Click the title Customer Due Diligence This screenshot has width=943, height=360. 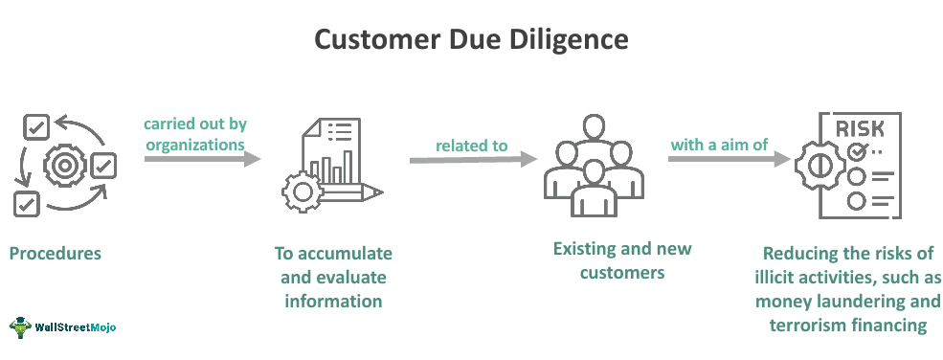[x=471, y=40]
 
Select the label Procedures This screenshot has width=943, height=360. [x=55, y=254]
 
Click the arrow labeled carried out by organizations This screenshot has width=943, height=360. [x=201, y=158]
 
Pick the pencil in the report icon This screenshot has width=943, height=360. [x=353, y=192]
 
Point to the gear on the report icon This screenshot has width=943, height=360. [x=303, y=191]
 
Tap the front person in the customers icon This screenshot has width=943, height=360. [x=595, y=187]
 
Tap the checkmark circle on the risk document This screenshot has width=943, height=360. [x=856, y=151]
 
